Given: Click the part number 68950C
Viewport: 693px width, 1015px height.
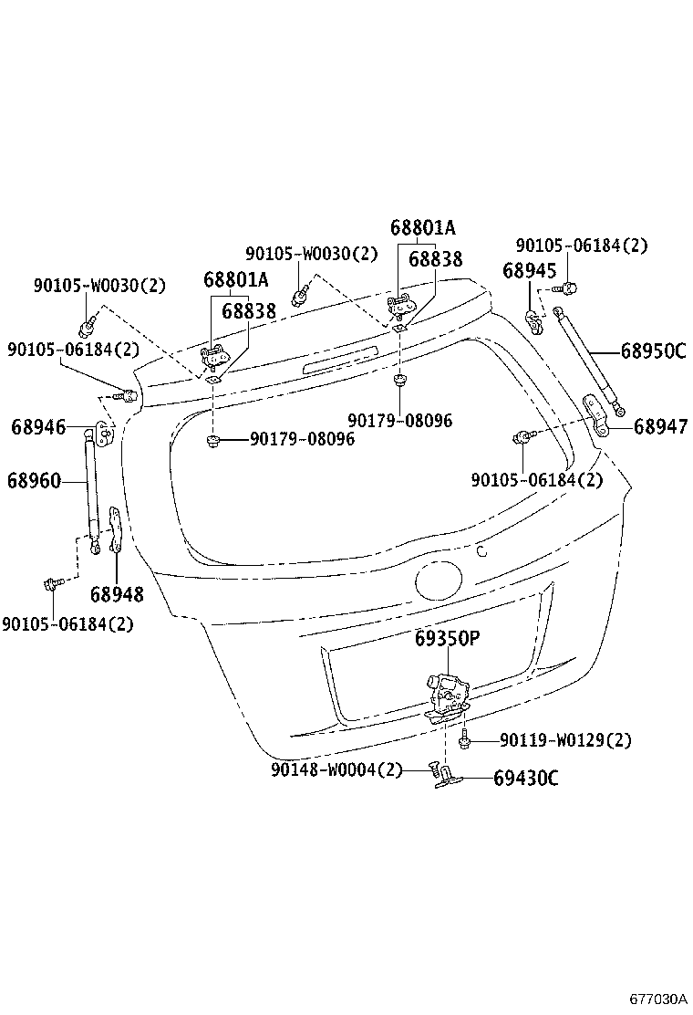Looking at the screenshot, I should [x=653, y=351].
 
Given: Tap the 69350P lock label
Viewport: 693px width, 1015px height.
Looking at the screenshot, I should [x=447, y=638].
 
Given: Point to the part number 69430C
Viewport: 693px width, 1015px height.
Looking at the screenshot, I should [x=526, y=778].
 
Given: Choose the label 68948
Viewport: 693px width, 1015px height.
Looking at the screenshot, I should [x=117, y=594].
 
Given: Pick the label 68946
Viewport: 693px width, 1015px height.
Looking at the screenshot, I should [x=38, y=426].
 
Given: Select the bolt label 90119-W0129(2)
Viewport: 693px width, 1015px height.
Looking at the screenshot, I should [x=565, y=739].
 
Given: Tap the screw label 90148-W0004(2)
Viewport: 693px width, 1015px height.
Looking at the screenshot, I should [x=336, y=769].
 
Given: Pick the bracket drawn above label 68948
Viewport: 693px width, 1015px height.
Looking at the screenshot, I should [x=115, y=528].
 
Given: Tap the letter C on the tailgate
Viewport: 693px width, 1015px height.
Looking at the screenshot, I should [x=482, y=550].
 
